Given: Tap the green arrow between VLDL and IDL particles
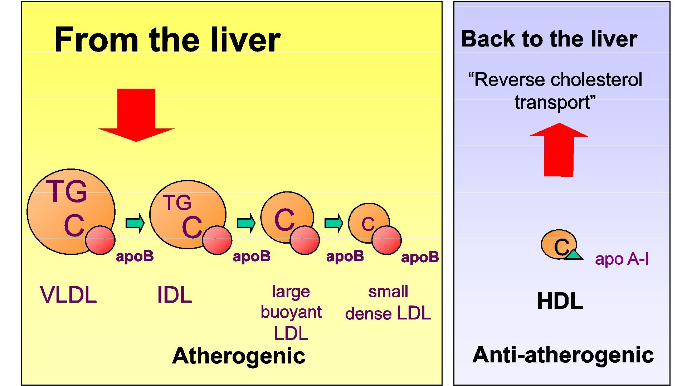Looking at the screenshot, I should coord(135,223).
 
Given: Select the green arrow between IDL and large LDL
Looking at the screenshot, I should coord(246,223).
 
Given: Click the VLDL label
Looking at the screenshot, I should coord(68,295).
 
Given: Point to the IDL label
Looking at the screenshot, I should coord(175,295).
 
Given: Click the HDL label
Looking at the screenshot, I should coord(560,301).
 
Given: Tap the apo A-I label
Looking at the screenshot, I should coord(622,259).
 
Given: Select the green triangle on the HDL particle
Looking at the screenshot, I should coord(574,255).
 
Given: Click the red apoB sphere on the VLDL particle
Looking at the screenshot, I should coord(100,240).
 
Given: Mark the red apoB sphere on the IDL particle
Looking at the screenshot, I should coord(217,240).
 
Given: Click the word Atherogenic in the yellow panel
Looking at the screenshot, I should coord(239,356).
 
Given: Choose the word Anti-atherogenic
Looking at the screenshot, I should coord(563,355).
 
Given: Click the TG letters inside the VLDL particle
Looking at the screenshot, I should coord(67,192).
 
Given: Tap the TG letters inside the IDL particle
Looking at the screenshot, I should coord(177,203).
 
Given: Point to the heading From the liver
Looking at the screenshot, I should coord(167,39).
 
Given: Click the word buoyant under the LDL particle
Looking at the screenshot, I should coord(291,312).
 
